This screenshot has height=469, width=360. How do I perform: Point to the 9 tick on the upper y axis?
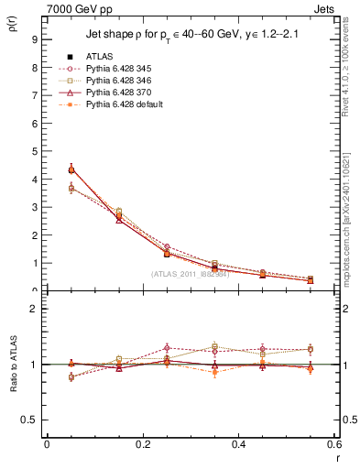click(34, 40)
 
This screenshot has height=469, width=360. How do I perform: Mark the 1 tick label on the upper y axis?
click(34, 264)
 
